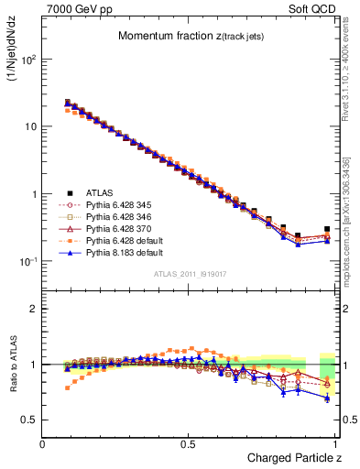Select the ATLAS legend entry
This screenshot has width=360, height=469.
click(x=100, y=192)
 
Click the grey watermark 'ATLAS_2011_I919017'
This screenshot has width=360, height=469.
click(x=190, y=273)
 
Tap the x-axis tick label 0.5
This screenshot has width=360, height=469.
click(x=190, y=444)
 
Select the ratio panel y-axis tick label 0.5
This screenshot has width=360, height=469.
click(x=31, y=420)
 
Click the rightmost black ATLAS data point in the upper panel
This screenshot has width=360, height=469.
click(x=327, y=229)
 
